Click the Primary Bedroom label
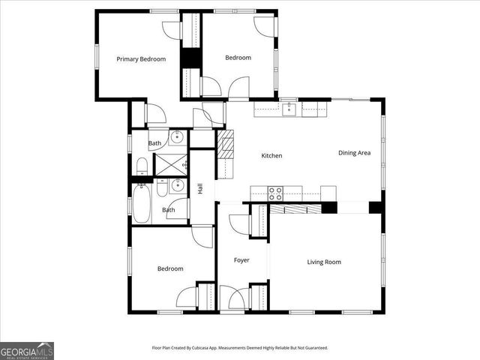(140, 59)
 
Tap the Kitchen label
(271, 156)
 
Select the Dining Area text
(354, 153)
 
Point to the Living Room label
(324, 262)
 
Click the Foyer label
(241, 260)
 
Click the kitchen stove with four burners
(276, 192)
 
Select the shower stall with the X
(170, 164)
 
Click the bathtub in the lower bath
(142, 205)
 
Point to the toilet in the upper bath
(141, 166)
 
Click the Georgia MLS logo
(27, 350)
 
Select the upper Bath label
(154, 143)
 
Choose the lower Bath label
(169, 210)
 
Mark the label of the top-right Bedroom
(238, 58)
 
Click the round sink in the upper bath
(177, 137)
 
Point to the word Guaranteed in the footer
(313, 348)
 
